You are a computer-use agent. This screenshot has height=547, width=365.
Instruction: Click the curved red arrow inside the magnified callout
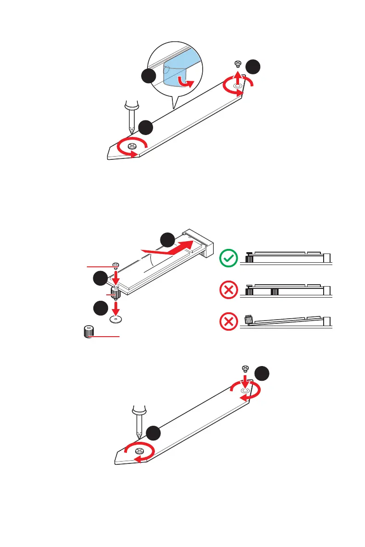coord(186,83)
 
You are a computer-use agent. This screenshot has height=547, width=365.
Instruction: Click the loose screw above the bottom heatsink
coord(245,368)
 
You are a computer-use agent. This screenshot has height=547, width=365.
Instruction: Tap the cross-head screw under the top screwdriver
coord(132,146)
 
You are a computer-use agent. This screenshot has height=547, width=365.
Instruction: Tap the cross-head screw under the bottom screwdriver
coord(139,452)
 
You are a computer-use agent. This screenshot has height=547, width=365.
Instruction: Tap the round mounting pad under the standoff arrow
coord(116,318)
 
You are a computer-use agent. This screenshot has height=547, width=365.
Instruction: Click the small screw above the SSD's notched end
coord(116,265)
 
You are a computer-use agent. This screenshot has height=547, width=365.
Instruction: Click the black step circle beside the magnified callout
coord(148,77)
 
